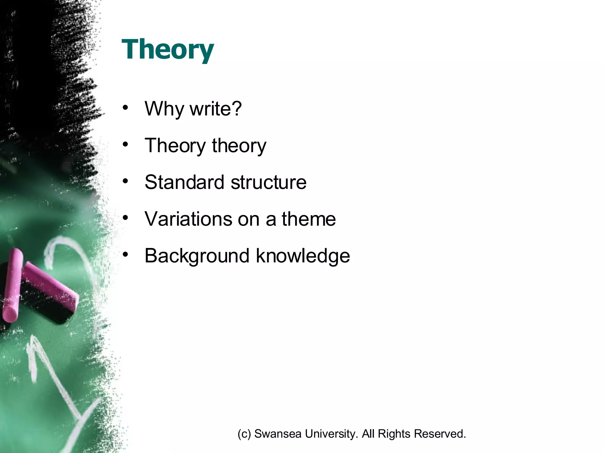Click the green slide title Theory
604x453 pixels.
click(x=168, y=50)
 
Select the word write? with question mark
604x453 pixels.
click(x=216, y=109)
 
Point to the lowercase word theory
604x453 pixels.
click(x=239, y=146)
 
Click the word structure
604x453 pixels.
click(x=269, y=182)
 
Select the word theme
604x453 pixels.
click(x=308, y=219)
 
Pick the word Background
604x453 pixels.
click(x=197, y=256)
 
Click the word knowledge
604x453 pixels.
click(x=303, y=256)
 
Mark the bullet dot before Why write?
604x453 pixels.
click(x=126, y=108)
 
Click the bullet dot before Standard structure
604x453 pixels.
click(x=126, y=181)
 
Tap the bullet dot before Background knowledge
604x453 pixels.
click(x=126, y=254)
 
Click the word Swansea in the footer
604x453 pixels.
click(x=278, y=434)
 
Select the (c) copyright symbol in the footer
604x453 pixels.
click(x=244, y=434)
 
